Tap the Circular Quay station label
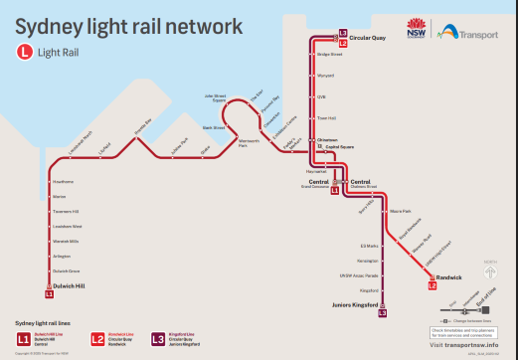(x=367, y=39)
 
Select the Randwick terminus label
(x=449, y=275)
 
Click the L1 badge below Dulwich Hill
(x=49, y=295)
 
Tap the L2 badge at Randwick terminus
(x=432, y=286)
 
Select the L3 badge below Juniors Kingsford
(x=383, y=314)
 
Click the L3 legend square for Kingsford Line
(x=158, y=339)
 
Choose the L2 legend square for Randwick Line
(x=98, y=339)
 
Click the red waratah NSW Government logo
(x=417, y=26)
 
